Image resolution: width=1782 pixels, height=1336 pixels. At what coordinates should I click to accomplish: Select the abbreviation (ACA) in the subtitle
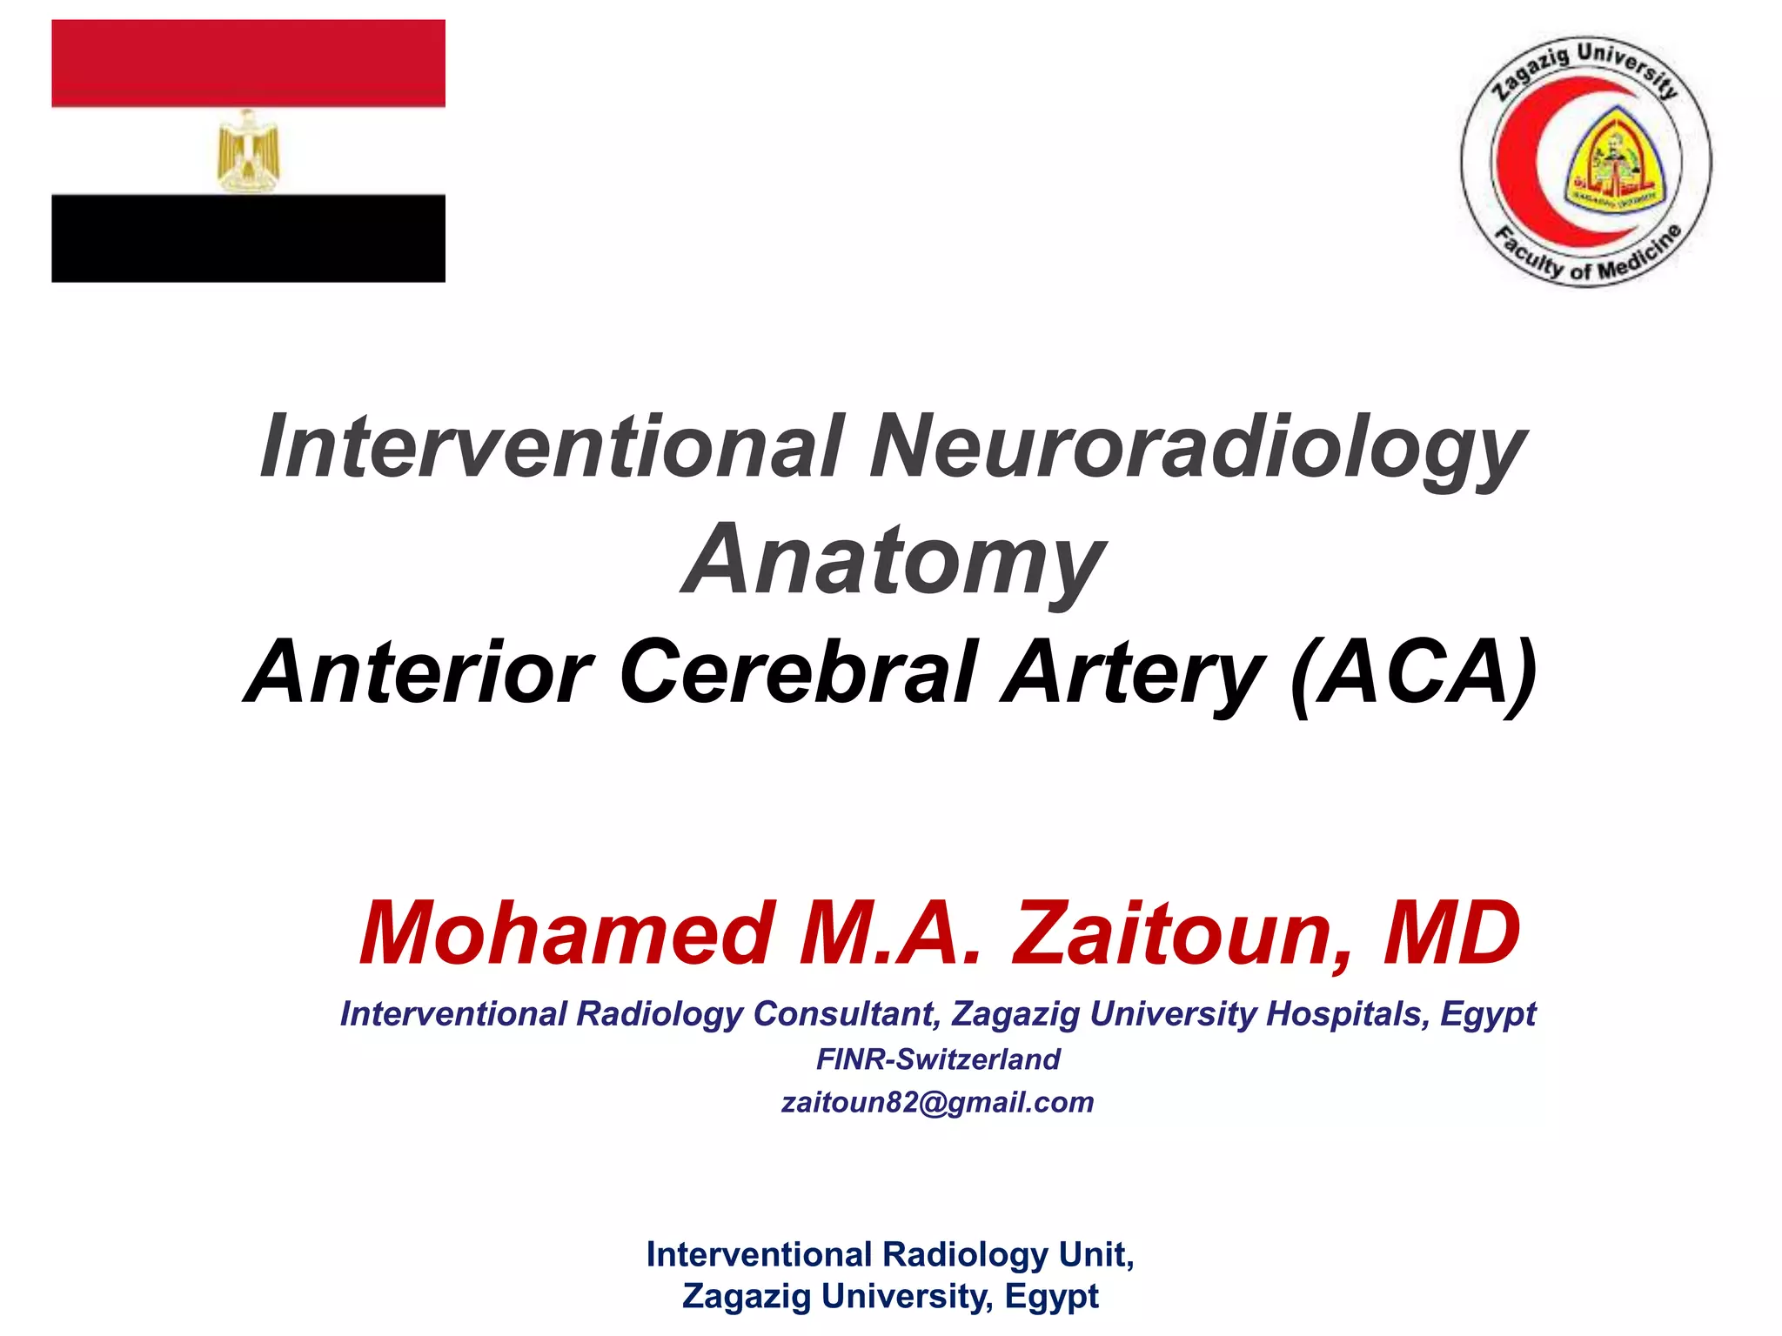click(x=1415, y=672)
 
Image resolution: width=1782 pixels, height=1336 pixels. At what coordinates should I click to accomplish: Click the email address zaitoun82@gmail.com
click(x=937, y=1102)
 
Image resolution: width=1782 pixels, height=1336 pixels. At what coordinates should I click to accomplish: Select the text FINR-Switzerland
click(x=938, y=1059)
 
